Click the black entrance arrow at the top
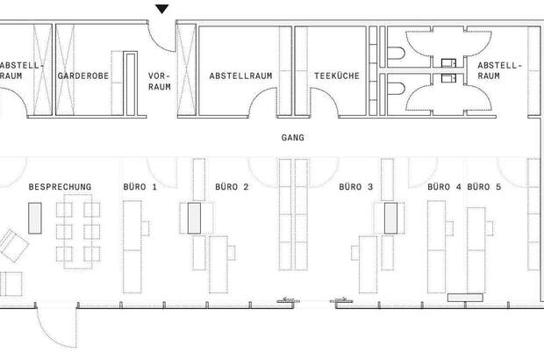click(161, 9)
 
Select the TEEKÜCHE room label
click(336, 76)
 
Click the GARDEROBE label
click(82, 76)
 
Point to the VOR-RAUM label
click(159, 82)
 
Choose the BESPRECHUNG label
click(60, 187)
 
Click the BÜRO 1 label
click(140, 187)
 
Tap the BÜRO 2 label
click(232, 187)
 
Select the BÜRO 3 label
click(356, 187)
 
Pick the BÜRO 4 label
click(444, 187)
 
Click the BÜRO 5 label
click(484, 187)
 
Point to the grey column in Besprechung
click(35, 218)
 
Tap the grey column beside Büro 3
click(390, 218)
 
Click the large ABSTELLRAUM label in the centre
click(240, 76)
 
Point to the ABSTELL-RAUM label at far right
click(500, 71)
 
